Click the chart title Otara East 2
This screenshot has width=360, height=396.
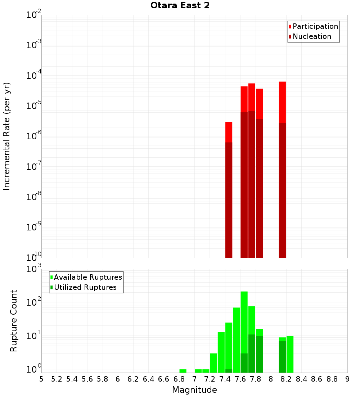point(180,6)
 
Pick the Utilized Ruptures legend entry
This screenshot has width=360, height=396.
point(85,287)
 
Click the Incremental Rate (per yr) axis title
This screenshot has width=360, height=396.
point(7,136)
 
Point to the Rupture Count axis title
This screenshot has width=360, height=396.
point(14,321)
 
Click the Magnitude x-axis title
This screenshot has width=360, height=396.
point(194,390)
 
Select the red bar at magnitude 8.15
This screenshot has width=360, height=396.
point(282,169)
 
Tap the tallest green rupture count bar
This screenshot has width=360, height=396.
point(244,332)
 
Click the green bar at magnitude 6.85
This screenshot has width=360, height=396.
point(183,371)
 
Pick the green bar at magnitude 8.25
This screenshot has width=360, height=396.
point(290,354)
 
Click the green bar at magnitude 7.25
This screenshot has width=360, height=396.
point(213,363)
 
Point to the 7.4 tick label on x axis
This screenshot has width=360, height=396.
point(225,379)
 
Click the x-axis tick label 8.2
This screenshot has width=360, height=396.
point(286,379)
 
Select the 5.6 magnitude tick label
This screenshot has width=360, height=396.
point(87,379)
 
